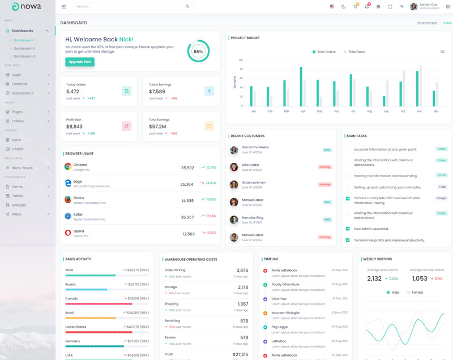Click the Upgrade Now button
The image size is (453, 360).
click(x=80, y=62)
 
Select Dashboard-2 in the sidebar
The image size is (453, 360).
click(x=24, y=48)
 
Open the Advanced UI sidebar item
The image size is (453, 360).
click(x=23, y=93)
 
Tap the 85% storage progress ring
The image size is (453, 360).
click(x=198, y=52)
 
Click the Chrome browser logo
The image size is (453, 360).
click(x=68, y=166)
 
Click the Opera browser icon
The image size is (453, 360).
click(x=68, y=233)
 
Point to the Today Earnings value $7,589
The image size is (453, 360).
click(x=157, y=91)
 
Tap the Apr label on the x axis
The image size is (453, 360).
click(x=303, y=112)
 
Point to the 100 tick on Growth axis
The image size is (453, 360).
click(x=241, y=60)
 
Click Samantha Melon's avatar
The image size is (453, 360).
click(x=234, y=150)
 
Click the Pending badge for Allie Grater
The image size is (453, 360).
click(x=324, y=167)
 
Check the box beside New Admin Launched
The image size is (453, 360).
click(x=348, y=229)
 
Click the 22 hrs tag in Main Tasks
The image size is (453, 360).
click(x=442, y=175)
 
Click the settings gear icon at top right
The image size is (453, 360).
click(x=447, y=6)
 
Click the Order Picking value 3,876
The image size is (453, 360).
click(x=242, y=271)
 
